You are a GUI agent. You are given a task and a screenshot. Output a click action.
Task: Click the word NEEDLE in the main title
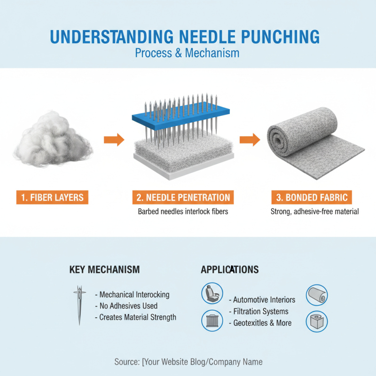pos(202,36)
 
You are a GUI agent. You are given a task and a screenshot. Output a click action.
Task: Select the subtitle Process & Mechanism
pos(187,53)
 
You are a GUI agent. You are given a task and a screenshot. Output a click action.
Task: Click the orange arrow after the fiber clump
pos(114,139)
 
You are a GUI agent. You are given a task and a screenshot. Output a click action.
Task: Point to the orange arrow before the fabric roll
pos(250,139)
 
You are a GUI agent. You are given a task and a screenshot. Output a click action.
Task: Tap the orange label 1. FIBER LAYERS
pos(52,197)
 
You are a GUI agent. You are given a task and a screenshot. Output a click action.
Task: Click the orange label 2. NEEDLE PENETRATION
pos(183,197)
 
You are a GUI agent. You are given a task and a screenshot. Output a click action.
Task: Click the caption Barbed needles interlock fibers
pos(183,211)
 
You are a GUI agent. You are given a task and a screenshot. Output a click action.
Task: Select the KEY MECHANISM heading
pos(104,269)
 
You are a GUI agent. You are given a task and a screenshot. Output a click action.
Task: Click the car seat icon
pos(211,294)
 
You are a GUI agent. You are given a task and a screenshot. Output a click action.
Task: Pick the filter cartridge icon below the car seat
pos(211,321)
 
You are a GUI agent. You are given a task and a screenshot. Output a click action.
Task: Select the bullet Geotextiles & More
pos(262,323)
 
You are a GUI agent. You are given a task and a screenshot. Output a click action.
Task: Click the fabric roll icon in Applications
pos(316,295)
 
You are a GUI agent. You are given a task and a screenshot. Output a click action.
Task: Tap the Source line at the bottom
pos(188,361)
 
